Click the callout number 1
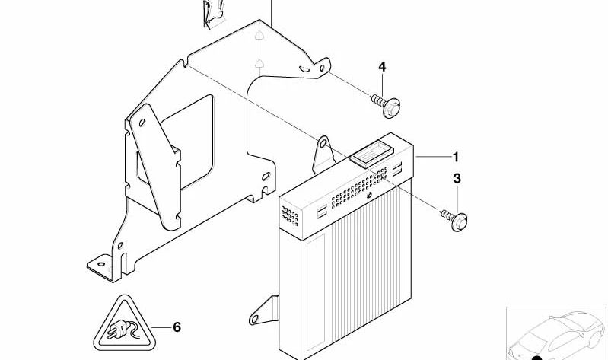click(456, 157)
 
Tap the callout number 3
click(457, 179)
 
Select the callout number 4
click(382, 67)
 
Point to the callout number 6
click(177, 327)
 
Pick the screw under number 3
click(454, 219)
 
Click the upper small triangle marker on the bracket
click(259, 34)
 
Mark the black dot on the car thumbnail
click(537, 358)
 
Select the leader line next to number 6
click(160, 327)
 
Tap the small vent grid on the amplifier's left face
click(289, 216)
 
